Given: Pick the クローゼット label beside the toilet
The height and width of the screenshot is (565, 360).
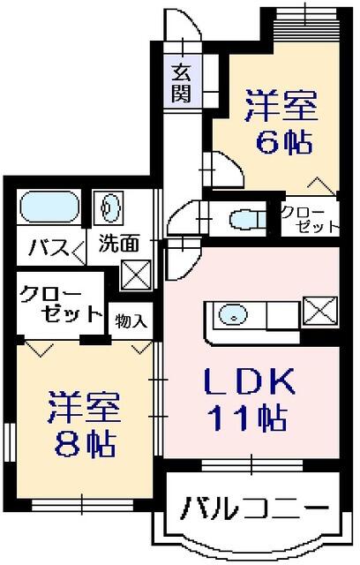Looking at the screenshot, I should pyautogui.click(x=309, y=218).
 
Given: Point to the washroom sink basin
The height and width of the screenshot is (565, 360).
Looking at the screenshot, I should pyautogui.click(x=109, y=208).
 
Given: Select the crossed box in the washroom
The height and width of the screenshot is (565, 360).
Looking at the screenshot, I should pyautogui.click(x=135, y=275).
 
